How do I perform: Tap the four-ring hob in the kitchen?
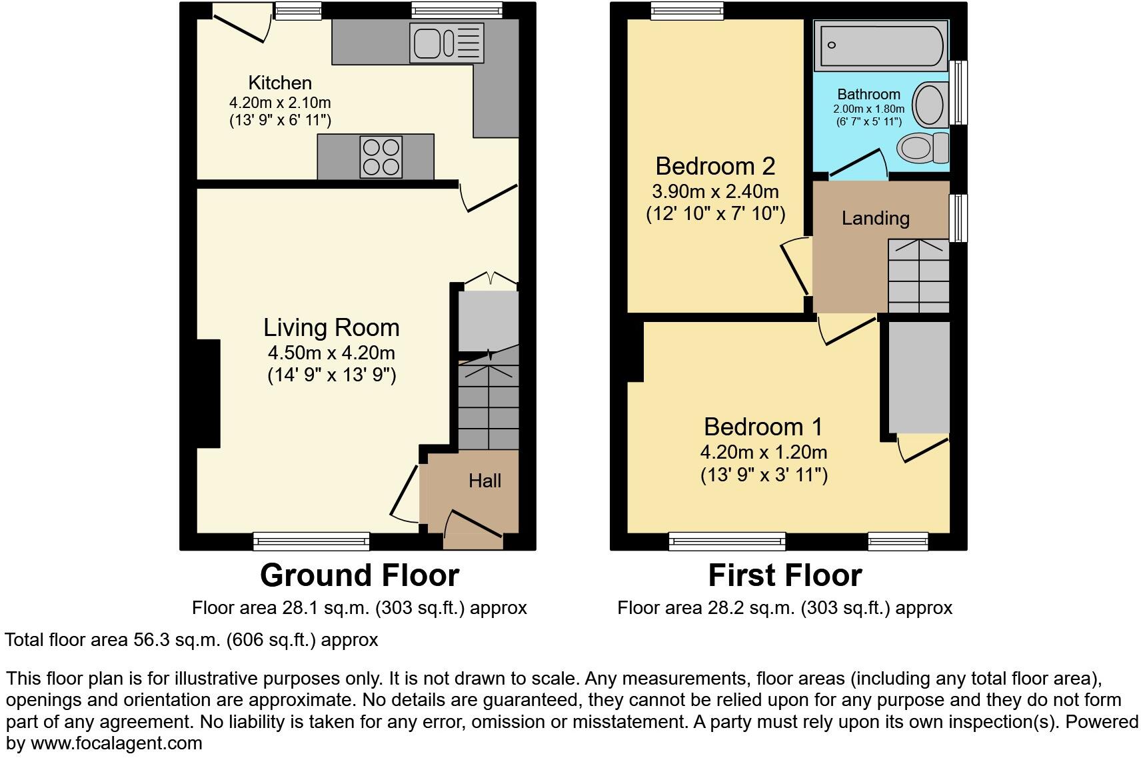tap(381, 157)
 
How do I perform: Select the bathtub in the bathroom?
tap(880, 45)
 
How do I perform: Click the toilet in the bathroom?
tap(924, 147)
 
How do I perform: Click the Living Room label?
tap(331, 327)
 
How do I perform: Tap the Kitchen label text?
tap(280, 83)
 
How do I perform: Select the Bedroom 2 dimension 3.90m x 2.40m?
tap(715, 191)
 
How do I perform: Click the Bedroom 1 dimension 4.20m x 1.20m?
tap(763, 452)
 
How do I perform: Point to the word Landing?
tap(875, 218)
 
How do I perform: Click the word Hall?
tap(485, 481)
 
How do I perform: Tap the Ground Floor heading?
tap(359, 575)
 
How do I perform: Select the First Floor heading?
tap(784, 575)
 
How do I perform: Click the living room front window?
tap(311, 541)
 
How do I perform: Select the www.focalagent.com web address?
tap(116, 743)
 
